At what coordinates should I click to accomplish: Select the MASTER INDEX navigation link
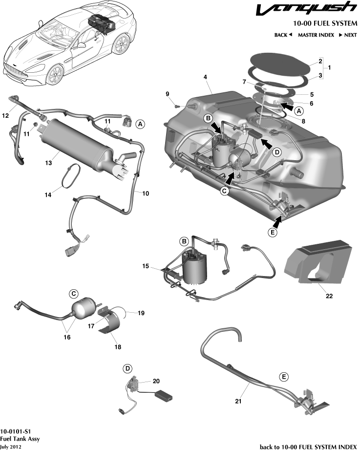[x=316, y=35]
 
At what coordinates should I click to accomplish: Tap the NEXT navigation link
[x=347, y=35]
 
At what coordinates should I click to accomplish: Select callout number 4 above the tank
[x=206, y=77]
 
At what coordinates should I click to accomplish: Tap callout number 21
[x=238, y=401]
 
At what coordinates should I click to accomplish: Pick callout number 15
[x=146, y=267]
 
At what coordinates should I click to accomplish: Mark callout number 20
[x=156, y=381]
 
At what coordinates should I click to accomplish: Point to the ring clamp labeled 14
[x=71, y=176]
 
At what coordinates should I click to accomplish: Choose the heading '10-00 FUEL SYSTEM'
[x=325, y=23]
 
